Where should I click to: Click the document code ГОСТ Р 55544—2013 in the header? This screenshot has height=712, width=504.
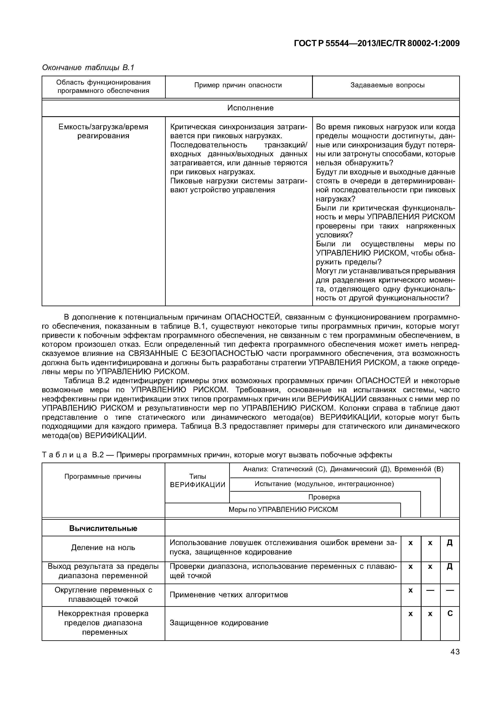(x=376, y=43)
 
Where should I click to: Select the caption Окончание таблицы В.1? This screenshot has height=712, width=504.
(x=88, y=67)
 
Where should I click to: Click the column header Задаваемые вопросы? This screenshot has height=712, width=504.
(x=387, y=85)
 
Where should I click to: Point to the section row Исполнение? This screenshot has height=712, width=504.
(x=250, y=108)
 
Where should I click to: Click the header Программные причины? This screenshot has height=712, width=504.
(x=102, y=477)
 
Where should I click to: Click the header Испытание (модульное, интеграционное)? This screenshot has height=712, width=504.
(x=324, y=484)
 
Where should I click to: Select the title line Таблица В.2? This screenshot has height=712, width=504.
(x=217, y=455)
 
